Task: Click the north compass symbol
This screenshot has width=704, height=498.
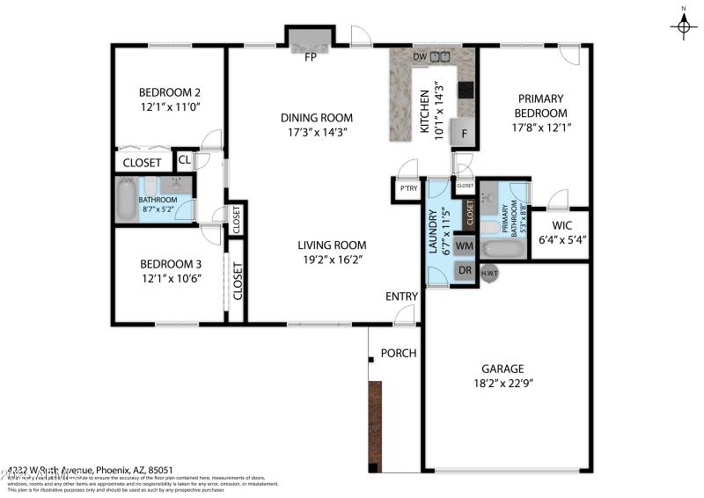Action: [683, 26]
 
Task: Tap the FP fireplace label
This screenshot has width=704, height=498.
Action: [310, 58]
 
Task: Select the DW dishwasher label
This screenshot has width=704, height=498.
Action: [420, 58]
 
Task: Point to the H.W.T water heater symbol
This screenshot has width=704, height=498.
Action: [489, 274]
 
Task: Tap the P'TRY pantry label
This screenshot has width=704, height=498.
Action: [407, 189]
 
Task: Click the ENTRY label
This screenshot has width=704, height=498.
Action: [401, 297]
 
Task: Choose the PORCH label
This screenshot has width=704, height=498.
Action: [398, 354]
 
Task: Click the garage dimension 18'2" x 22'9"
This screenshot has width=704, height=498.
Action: [502, 383]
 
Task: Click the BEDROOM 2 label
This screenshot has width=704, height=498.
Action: [170, 92]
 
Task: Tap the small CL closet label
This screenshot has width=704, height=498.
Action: [185, 160]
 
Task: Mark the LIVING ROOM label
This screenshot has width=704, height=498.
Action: [331, 245]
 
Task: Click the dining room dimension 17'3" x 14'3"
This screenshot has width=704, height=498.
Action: [317, 133]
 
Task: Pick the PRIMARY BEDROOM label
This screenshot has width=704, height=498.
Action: [540, 106]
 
